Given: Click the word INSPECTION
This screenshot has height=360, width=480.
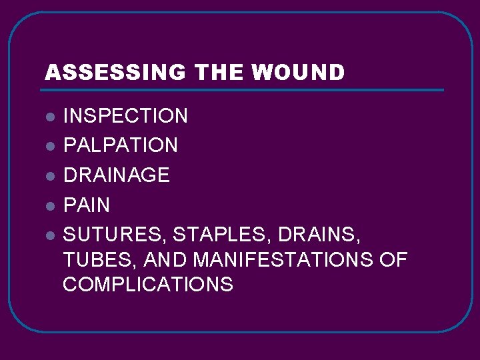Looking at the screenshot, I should (125, 116).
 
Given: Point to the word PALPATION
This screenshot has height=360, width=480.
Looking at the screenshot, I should (121, 145).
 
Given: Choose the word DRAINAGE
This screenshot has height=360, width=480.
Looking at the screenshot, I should (117, 175).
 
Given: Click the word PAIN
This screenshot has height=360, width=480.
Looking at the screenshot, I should (87, 205).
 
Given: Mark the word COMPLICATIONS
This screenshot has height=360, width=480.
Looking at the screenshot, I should (148, 285).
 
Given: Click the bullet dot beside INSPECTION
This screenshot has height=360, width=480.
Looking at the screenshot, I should (50, 117).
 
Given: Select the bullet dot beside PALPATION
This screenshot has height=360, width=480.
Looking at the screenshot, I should (50, 146).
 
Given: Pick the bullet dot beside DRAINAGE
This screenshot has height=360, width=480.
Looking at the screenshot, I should (50, 176).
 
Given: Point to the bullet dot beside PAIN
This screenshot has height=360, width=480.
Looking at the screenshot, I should (50, 205).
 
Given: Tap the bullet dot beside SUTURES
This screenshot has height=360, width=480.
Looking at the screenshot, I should (50, 235).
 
